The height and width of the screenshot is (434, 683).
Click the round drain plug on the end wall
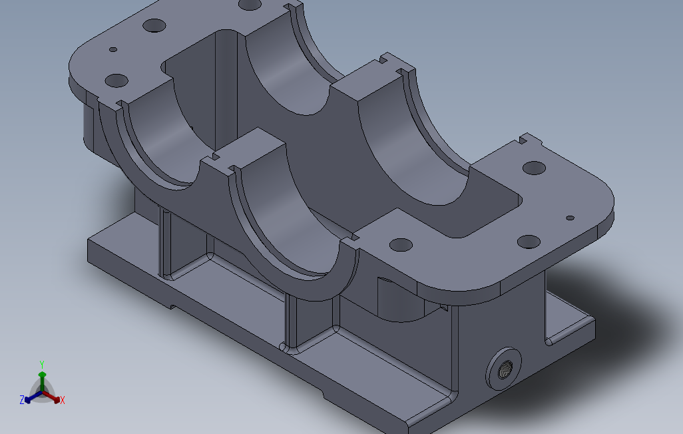504,367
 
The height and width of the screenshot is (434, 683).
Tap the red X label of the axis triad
62,400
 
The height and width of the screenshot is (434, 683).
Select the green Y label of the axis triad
41,363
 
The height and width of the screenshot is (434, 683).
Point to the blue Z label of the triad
22,400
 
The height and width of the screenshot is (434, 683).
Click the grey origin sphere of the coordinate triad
42,393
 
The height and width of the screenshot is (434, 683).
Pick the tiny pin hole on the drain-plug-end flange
570,218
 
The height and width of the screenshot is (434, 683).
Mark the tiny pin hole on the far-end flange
113,49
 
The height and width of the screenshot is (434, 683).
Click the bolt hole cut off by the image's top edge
250,4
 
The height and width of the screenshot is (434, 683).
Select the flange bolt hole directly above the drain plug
528,241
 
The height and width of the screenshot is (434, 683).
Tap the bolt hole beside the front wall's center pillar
401,244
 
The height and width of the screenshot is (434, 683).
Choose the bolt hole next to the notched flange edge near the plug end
534,167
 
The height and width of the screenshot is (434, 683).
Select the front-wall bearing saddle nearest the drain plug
293,220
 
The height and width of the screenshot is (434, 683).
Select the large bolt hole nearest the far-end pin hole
116,81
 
